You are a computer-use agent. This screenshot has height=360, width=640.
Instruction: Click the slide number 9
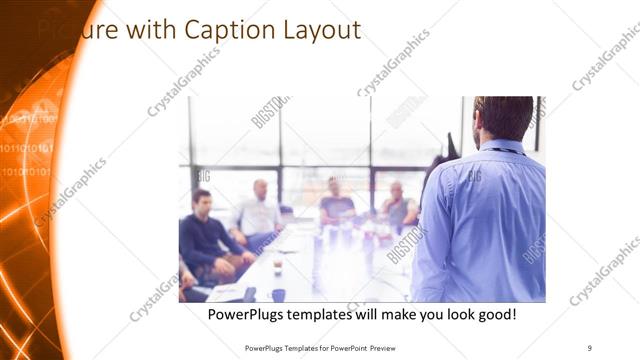(x=589, y=347)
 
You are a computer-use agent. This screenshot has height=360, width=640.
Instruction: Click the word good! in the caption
(x=494, y=314)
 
